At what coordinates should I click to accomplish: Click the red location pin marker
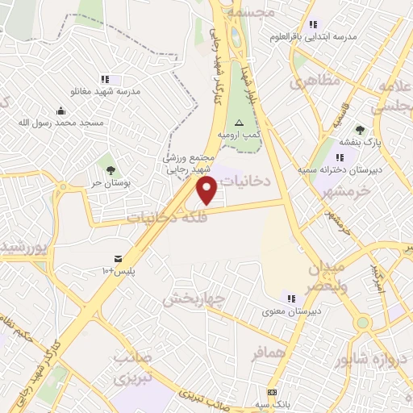pos(208,190)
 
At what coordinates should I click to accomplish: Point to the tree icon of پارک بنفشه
pos(360,129)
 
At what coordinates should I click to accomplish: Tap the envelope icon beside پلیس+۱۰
pos(119,259)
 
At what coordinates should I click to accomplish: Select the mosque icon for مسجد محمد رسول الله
pos(61,111)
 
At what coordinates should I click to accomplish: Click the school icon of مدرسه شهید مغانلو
pos(105,79)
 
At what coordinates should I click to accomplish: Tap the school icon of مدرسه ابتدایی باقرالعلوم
pos(313,24)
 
